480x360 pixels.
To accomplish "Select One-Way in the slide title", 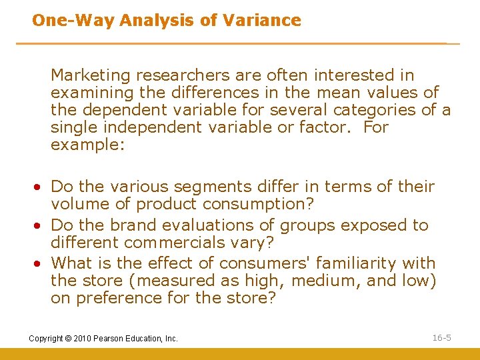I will (73, 20).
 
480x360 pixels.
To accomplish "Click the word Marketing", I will (87, 75).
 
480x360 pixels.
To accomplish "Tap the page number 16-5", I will (441, 337).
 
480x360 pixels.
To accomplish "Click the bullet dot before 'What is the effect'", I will (41, 264).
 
